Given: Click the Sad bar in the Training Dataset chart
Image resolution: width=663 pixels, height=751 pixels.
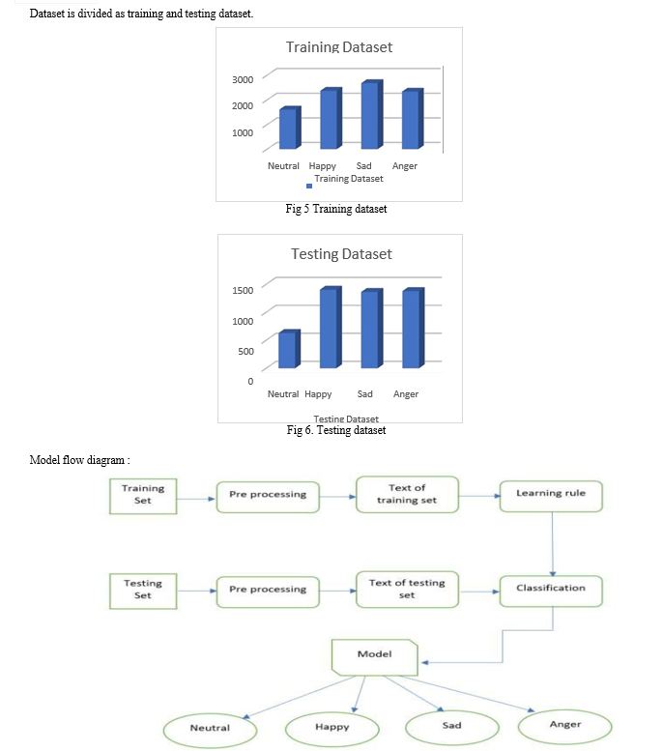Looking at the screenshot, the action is pos(372,114).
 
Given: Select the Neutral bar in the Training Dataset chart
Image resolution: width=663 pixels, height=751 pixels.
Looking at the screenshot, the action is pos(290,128).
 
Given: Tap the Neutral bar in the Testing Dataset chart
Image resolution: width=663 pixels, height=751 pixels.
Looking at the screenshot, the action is pos(289,349).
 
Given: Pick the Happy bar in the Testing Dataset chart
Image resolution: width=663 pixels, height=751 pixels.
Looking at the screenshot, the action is pos(331,327).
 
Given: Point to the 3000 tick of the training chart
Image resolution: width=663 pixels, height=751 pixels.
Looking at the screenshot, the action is pos(243,79).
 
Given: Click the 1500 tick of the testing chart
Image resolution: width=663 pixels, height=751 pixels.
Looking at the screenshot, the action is pos(243,290).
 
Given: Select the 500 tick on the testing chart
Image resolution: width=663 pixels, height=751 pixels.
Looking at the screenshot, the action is pos(245,351).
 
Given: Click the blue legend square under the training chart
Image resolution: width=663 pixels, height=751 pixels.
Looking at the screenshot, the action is pos(309,186).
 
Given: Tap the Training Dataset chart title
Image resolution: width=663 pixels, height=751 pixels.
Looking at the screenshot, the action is pos(339,47).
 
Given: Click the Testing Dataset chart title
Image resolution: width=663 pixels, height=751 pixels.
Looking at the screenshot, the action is pos(341,254).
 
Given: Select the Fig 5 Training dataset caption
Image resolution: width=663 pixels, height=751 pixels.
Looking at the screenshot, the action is pos(336,209).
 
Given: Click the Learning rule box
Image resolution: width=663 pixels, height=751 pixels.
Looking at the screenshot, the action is pos(551,496).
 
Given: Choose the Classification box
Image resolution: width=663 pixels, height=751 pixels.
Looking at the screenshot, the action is pos(551,591).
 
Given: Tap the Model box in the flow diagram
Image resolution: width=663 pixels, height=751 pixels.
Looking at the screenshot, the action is pos(375,657).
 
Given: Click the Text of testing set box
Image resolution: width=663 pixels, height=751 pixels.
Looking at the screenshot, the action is pos(407,590).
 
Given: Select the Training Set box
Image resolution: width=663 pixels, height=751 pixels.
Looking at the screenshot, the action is pos(143,496).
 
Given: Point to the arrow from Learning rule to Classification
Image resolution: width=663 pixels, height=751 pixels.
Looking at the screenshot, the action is pos(553,544).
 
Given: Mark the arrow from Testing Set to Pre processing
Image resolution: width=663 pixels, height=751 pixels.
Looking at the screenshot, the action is pos(197,591).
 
